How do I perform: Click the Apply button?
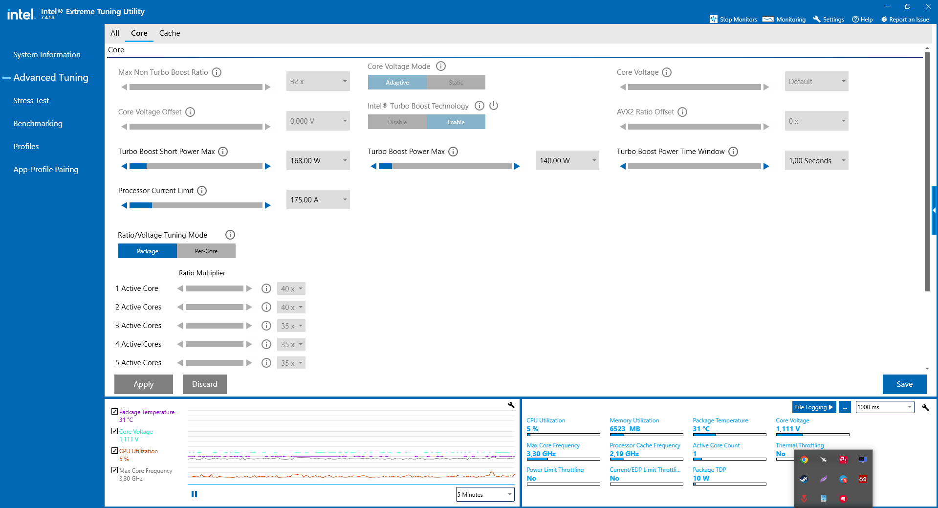coord(143,384)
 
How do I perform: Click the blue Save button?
coord(904,384)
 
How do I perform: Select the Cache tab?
coord(169,33)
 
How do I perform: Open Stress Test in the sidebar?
coord(31,101)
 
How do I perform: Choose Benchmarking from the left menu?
coord(38,124)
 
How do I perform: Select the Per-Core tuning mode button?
coord(206,251)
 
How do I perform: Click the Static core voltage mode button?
coord(456,83)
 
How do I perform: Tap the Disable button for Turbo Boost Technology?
coord(397,122)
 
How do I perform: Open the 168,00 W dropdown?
coord(318,161)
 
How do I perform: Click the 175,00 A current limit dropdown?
coord(318,200)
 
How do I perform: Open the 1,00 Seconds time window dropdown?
coord(816,161)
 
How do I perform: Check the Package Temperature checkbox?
coord(115,412)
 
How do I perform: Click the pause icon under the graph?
coord(194,494)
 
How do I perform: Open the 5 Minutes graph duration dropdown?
coord(484,495)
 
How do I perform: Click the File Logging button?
coord(813,407)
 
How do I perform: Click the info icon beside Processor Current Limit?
coord(202,191)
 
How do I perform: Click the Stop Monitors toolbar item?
coord(733,20)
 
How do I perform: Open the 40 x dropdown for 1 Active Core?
coord(291,289)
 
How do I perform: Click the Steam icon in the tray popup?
coord(804,479)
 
